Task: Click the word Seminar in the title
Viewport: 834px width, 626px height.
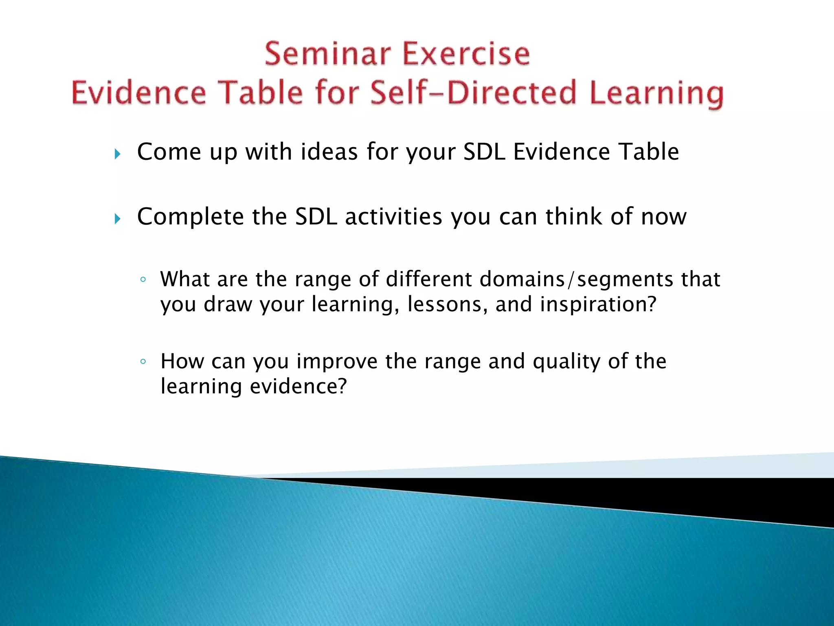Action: (x=328, y=54)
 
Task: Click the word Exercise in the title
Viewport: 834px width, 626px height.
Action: (x=466, y=54)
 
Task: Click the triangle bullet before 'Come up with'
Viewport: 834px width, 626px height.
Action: (x=117, y=154)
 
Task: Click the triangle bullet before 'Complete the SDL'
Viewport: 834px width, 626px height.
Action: (x=117, y=219)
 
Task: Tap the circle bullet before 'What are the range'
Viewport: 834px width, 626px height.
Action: (x=143, y=280)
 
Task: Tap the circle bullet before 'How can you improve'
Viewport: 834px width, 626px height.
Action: (x=143, y=361)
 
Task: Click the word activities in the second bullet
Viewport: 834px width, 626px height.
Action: (x=393, y=216)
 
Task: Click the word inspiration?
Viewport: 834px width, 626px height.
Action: (x=598, y=304)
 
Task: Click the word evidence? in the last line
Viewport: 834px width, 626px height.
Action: (x=298, y=386)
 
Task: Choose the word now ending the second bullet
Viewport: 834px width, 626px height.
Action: (x=664, y=216)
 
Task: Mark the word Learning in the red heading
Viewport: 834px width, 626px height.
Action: (x=656, y=93)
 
